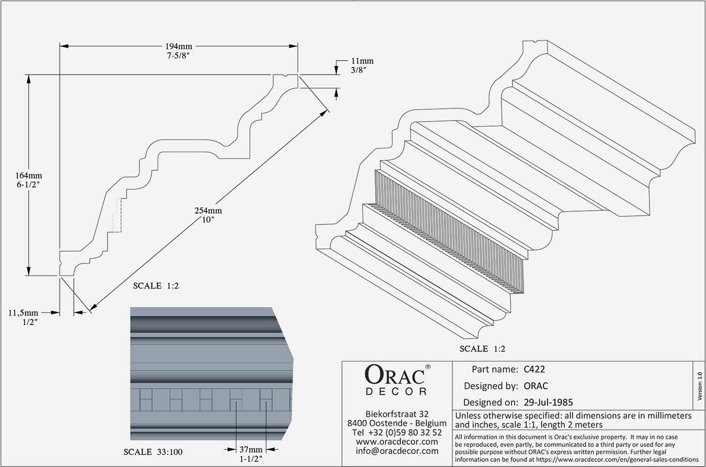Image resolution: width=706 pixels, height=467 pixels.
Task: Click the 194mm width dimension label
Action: coord(179,46)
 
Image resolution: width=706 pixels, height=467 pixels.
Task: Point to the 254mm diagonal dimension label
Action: coord(208,211)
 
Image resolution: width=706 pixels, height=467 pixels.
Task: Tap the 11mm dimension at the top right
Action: coord(362,61)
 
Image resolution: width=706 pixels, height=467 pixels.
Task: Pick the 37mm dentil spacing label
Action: coord(251,450)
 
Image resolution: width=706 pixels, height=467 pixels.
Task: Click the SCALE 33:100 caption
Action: coord(153,452)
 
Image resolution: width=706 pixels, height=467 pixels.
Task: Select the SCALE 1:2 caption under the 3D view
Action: coord(482,349)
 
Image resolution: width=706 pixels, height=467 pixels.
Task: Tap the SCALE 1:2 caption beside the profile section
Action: coord(156,286)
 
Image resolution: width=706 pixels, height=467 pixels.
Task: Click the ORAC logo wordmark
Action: coord(395,375)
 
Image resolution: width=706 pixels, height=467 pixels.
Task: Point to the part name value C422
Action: coord(534,369)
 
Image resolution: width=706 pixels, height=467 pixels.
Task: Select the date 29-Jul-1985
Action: coord(548,402)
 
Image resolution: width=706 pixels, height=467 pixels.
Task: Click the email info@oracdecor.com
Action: coord(397,451)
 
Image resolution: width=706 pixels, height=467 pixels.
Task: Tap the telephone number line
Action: coord(397,432)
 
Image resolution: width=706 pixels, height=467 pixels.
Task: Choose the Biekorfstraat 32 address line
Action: coord(397,414)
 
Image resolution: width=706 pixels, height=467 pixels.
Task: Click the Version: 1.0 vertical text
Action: coord(699,386)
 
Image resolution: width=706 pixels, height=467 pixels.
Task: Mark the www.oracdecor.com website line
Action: coord(397,441)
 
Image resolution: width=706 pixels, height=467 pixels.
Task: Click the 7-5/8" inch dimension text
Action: coord(178,56)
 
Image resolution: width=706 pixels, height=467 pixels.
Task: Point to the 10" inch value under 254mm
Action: coord(208,219)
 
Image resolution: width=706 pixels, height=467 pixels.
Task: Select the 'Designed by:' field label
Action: coord(491,386)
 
